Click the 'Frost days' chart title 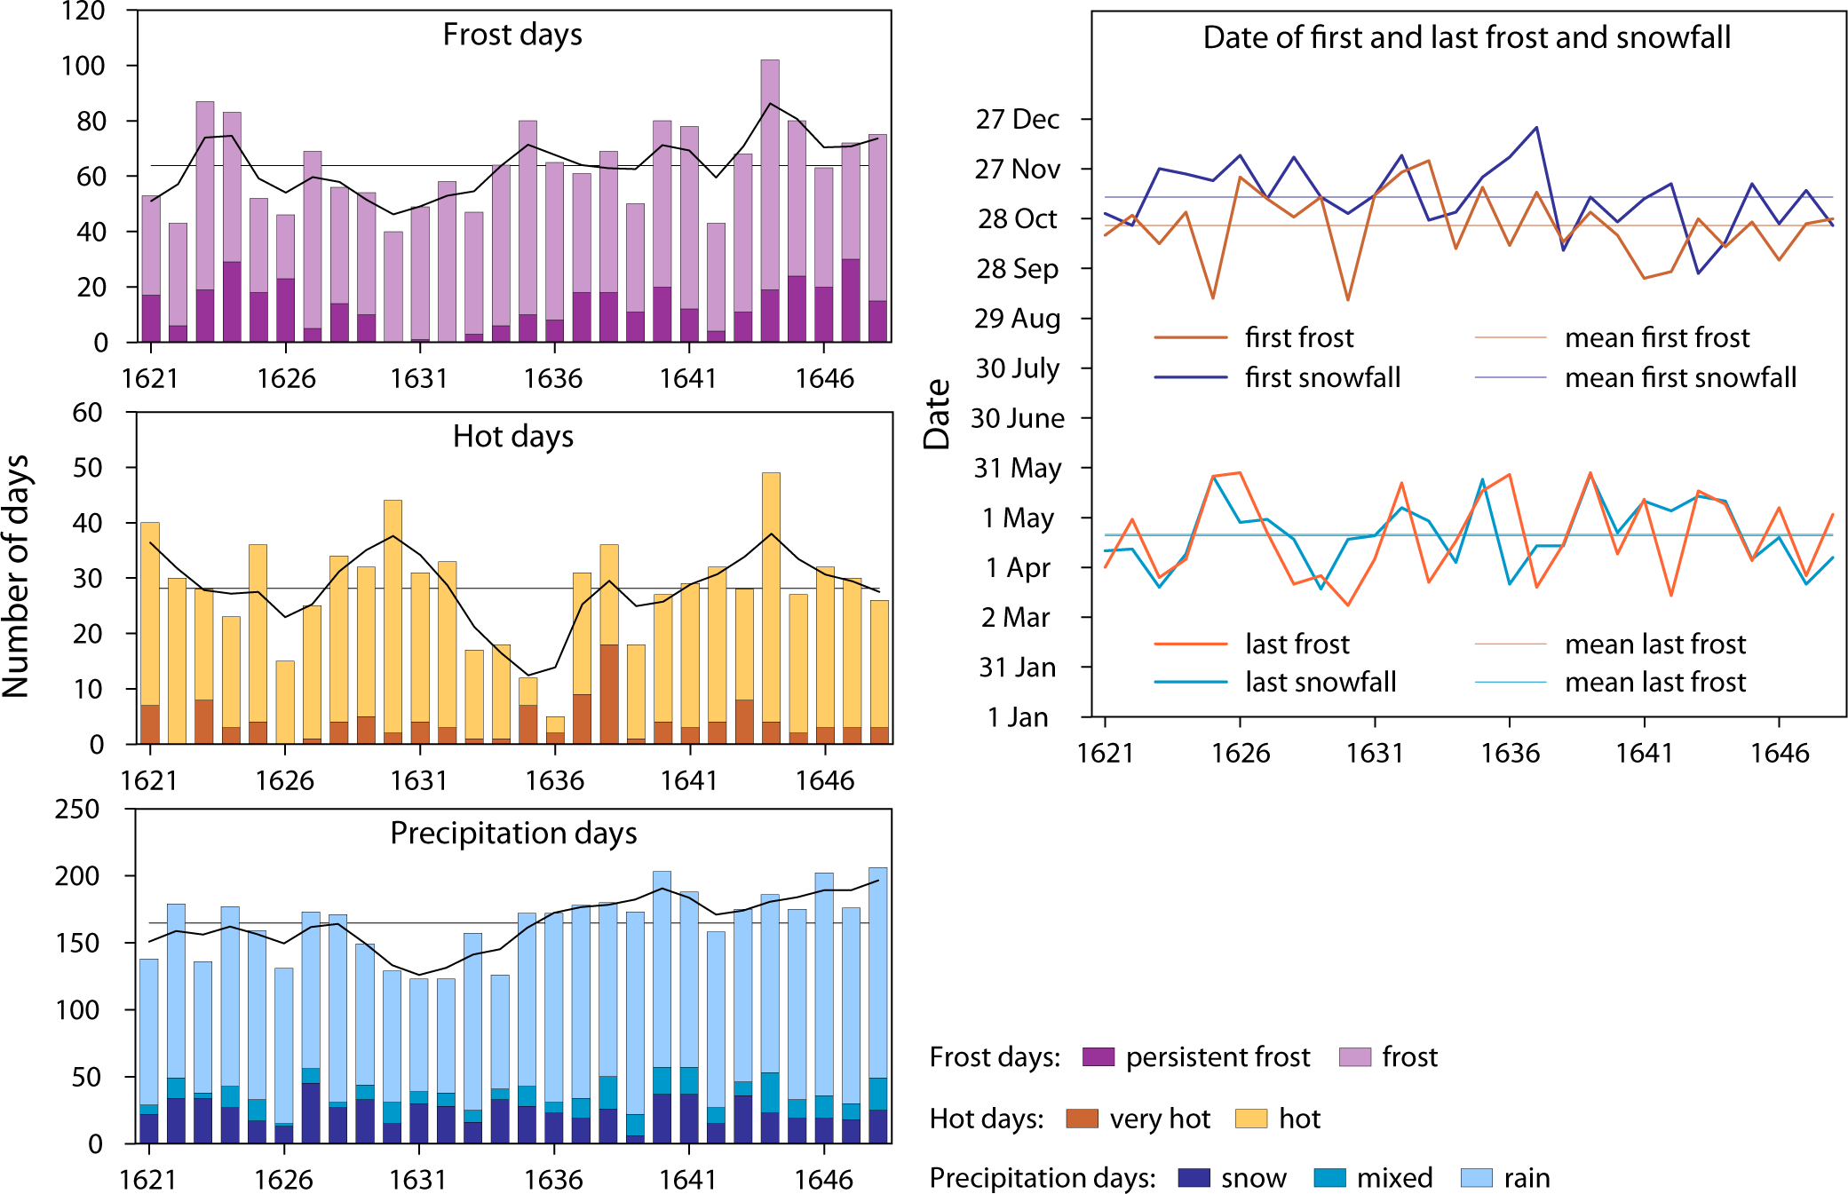[x=512, y=35]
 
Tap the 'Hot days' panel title [x=512, y=437]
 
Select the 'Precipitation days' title [x=513, y=834]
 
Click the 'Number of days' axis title [x=16, y=576]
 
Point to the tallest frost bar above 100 [x=770, y=178]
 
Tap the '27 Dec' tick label [x=1017, y=119]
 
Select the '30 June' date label [x=1017, y=418]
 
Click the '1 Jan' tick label [x=1017, y=717]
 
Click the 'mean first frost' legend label [x=1656, y=338]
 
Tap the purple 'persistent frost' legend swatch [x=1098, y=1057]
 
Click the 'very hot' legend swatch [x=1082, y=1119]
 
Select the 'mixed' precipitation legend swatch [x=1329, y=1178]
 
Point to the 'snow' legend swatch [x=1194, y=1178]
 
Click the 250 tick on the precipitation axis [x=78, y=810]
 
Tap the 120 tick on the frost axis [x=83, y=12]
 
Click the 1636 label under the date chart [x=1509, y=754]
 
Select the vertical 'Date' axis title [x=937, y=414]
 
